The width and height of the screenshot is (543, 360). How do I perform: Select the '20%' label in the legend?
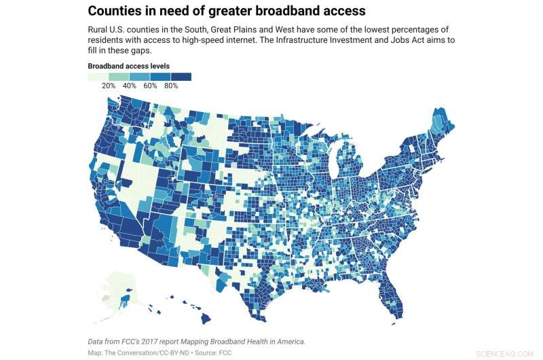coord(109,86)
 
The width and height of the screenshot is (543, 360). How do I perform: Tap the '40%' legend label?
coord(130,86)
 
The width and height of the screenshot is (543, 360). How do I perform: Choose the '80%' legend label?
coord(171,86)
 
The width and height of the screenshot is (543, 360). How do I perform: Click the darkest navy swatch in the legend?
coord(181,77)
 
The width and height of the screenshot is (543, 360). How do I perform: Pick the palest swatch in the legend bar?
coord(98,77)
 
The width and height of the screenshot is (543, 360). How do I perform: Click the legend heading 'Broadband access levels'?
coord(128,66)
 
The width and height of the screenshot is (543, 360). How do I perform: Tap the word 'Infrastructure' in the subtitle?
coord(373,41)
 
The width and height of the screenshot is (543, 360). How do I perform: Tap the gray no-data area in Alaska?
coord(105,298)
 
